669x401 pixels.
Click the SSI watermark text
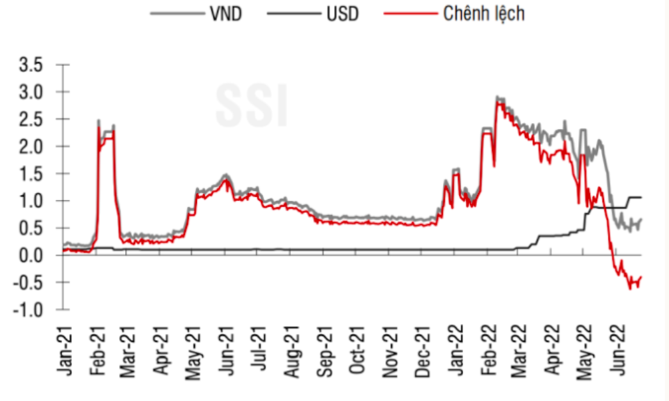pyautogui.click(x=252, y=106)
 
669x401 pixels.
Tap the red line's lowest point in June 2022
pyautogui.click(x=630, y=288)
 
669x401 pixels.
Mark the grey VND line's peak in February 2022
pyautogui.click(x=497, y=97)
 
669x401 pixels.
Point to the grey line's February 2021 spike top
pyautogui.click(x=99, y=120)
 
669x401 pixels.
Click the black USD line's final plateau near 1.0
pyautogui.click(x=635, y=197)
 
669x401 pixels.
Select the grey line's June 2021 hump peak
pyautogui.click(x=225, y=175)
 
